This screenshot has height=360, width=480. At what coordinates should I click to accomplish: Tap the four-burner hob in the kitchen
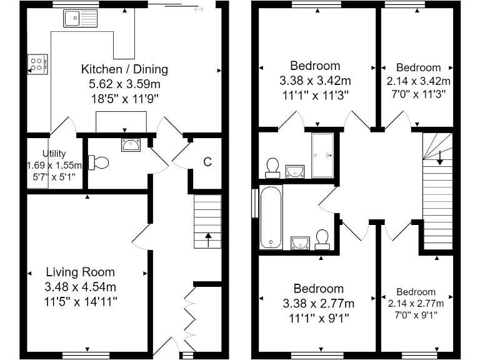click(x=37, y=63)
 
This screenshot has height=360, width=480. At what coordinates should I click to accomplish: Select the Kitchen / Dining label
click(x=124, y=69)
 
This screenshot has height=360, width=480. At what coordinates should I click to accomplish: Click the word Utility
click(x=54, y=153)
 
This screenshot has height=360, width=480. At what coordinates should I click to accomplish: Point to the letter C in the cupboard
click(x=207, y=162)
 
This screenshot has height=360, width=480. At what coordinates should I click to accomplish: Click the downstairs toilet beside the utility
click(x=99, y=162)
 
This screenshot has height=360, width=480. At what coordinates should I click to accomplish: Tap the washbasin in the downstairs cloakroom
click(x=131, y=146)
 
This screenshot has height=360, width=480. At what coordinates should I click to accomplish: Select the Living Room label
click(x=81, y=272)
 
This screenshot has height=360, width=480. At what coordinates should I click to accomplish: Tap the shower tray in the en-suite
click(x=323, y=154)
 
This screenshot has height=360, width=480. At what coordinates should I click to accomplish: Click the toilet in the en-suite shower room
click(x=272, y=166)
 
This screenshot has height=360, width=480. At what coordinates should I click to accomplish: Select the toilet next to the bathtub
click(x=322, y=237)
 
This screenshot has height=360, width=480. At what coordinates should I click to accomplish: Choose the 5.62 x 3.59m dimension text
click(x=124, y=83)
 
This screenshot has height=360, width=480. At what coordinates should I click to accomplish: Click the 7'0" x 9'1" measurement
click(x=416, y=315)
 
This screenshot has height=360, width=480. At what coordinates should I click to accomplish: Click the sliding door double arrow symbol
click(x=199, y=9)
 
